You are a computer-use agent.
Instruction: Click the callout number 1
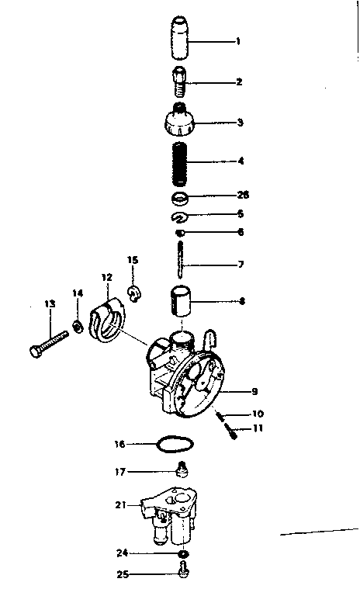pos(238,41)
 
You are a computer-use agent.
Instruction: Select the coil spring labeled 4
pos(180,161)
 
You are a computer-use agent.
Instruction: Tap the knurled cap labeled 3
pos(180,120)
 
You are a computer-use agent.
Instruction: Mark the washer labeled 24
pos(183,554)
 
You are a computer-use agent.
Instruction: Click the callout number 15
pos(132,261)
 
